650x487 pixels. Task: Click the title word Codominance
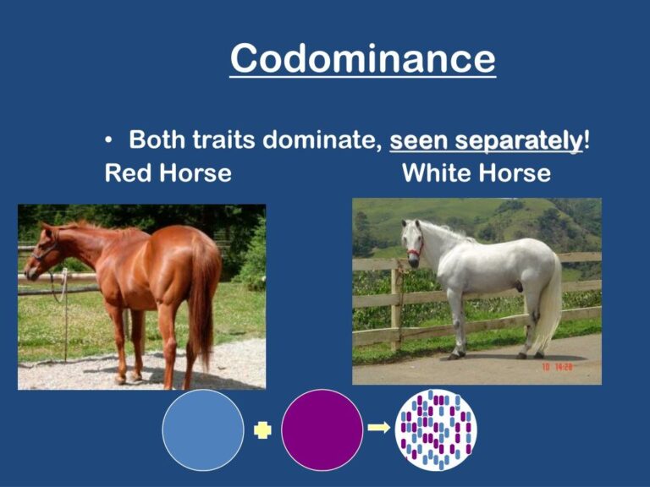[362, 59]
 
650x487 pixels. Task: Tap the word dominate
[317, 140]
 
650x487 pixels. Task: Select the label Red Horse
[168, 173]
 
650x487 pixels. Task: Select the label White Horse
[476, 173]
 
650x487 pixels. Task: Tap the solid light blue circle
[202, 430]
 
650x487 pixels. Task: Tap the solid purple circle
[322, 430]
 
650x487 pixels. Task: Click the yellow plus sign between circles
[262, 430]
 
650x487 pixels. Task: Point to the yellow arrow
[379, 428]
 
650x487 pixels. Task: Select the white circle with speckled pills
[436, 430]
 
